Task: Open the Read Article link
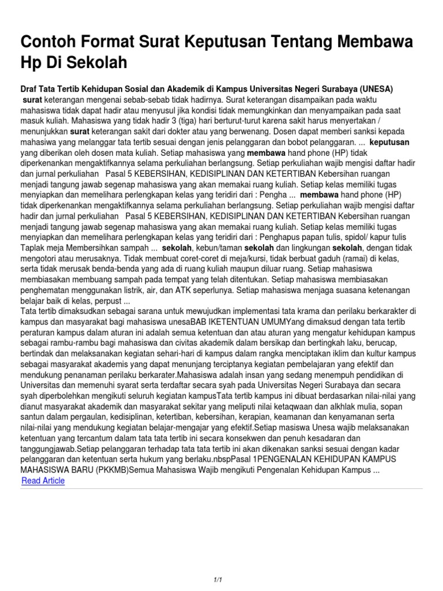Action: coord(43,480)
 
